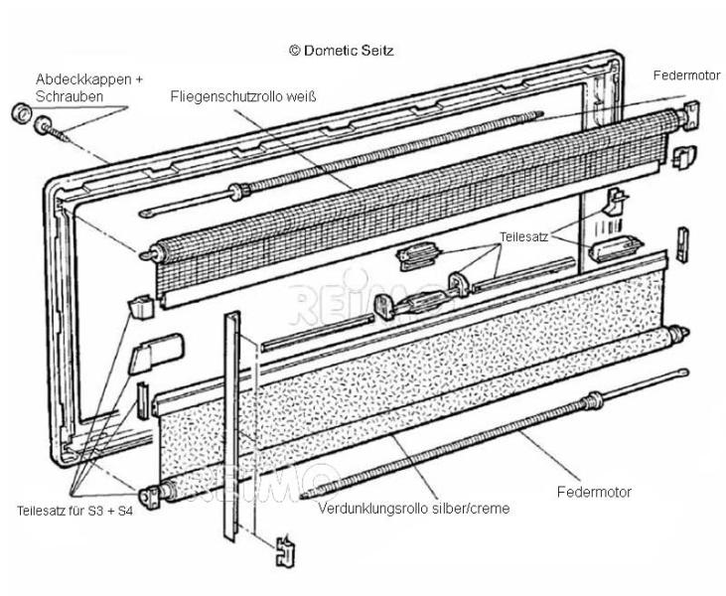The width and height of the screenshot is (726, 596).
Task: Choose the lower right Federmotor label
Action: pyautogui.click(x=595, y=491)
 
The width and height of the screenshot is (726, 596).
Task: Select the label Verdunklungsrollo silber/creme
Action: pyautogui.click(x=413, y=508)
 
